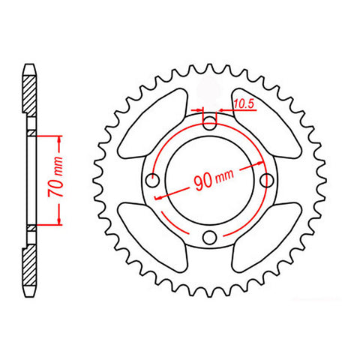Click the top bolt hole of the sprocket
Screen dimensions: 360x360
209,124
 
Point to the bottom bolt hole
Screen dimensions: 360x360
209,238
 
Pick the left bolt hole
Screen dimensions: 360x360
152,181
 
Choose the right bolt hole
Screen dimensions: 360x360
266,181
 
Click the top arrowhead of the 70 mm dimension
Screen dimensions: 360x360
58,138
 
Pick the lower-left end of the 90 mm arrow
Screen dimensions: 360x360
156,198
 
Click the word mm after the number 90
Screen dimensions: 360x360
225,181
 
